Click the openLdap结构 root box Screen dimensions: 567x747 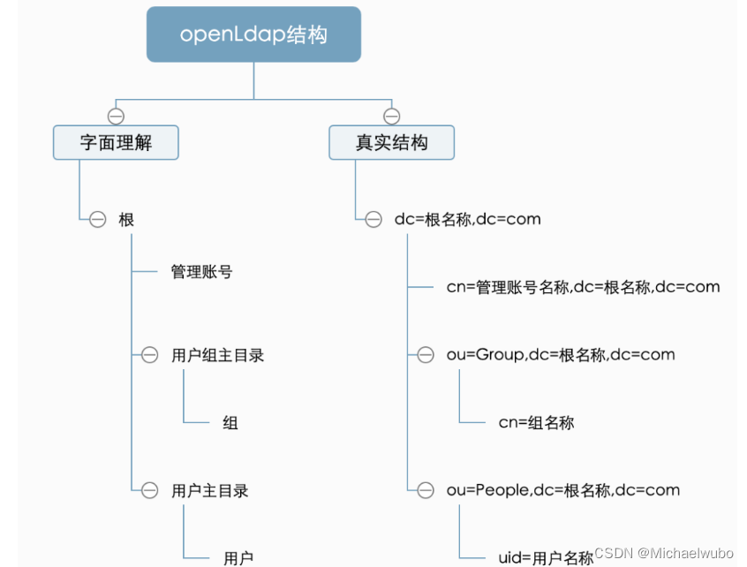(253, 34)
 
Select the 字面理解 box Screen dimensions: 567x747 (116, 142)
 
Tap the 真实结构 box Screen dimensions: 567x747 (391, 142)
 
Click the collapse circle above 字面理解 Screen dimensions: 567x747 (116, 116)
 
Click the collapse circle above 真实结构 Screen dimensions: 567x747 (392, 116)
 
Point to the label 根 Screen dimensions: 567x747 (126, 219)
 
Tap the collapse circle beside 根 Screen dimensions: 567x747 (98, 219)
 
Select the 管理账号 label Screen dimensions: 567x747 (201, 272)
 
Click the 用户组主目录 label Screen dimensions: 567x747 (217, 355)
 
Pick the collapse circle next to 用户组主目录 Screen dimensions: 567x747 (150, 355)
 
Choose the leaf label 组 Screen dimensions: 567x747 (230, 423)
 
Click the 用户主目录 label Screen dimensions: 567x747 (209, 490)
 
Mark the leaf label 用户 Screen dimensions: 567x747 (238, 557)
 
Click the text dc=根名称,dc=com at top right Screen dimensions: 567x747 (467, 219)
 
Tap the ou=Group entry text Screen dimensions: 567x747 (561, 355)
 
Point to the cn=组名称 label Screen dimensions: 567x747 (536, 423)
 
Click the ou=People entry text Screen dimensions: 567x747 (563, 490)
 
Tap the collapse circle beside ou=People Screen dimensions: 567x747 (426, 490)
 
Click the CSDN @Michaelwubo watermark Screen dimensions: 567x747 (664, 552)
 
